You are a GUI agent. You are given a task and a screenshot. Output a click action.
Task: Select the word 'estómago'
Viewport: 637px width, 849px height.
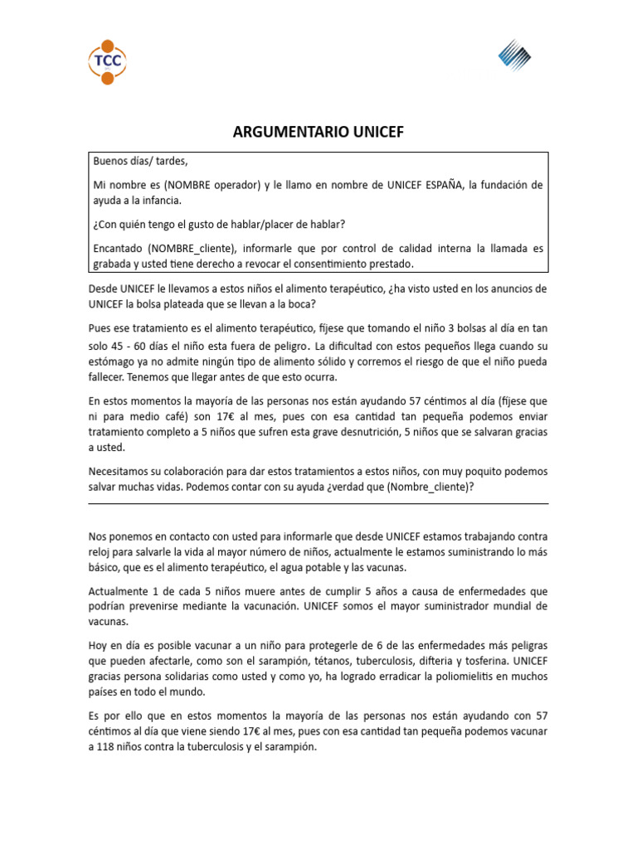click(113, 362)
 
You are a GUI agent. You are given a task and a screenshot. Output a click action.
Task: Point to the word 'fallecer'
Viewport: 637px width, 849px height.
click(109, 378)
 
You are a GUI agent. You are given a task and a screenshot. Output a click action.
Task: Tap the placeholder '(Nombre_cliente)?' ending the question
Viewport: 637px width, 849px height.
click(430, 487)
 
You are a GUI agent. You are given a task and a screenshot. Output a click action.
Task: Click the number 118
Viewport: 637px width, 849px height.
click(108, 746)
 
